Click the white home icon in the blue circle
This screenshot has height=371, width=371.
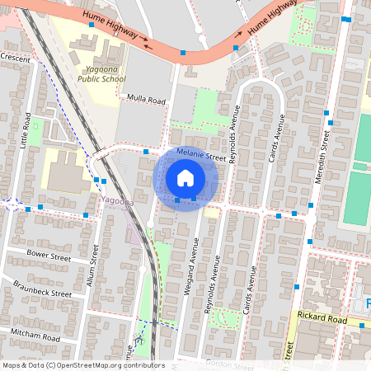185,178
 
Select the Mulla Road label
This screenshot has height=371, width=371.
146,101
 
